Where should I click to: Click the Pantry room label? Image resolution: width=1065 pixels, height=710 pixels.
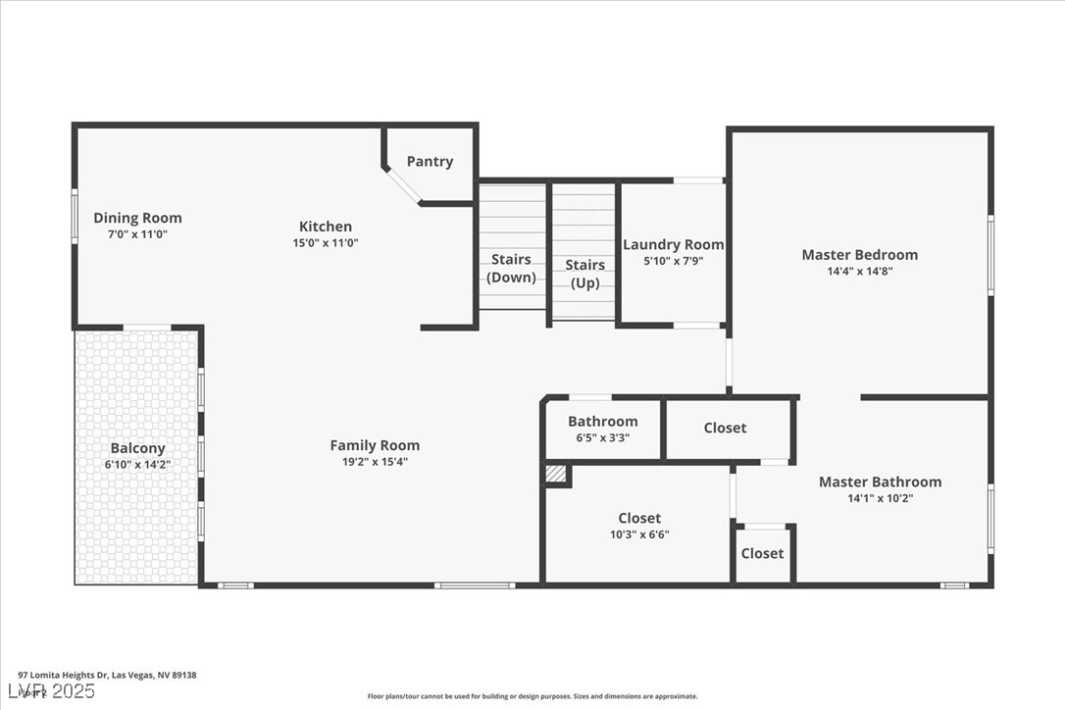430,162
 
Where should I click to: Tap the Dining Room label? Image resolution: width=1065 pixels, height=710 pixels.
137,218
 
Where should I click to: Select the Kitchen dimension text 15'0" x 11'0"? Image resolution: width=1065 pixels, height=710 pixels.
325,242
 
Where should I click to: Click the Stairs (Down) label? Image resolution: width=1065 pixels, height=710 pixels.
511,268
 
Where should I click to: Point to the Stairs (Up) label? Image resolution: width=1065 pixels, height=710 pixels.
584,274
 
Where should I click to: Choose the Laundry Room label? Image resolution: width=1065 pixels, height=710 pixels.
673,244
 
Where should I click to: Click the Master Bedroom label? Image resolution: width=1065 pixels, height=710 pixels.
859,255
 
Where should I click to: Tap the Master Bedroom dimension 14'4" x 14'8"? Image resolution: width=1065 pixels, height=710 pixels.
859,272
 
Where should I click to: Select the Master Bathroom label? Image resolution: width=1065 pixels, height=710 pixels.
880,482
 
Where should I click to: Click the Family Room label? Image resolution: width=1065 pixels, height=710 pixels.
374,445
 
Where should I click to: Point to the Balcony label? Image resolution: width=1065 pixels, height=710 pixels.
137,448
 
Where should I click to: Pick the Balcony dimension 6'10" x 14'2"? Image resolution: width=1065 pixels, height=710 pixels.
137,465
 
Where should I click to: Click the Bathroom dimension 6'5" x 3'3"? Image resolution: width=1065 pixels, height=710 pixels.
602,438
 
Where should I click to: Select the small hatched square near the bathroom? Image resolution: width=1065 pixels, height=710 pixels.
556,474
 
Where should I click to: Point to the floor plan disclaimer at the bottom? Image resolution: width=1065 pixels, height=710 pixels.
532,696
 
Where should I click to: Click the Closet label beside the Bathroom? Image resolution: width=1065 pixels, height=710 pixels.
725,428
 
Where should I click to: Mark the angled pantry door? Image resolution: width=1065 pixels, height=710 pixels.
401,185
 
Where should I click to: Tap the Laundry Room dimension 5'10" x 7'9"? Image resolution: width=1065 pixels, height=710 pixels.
673,261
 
